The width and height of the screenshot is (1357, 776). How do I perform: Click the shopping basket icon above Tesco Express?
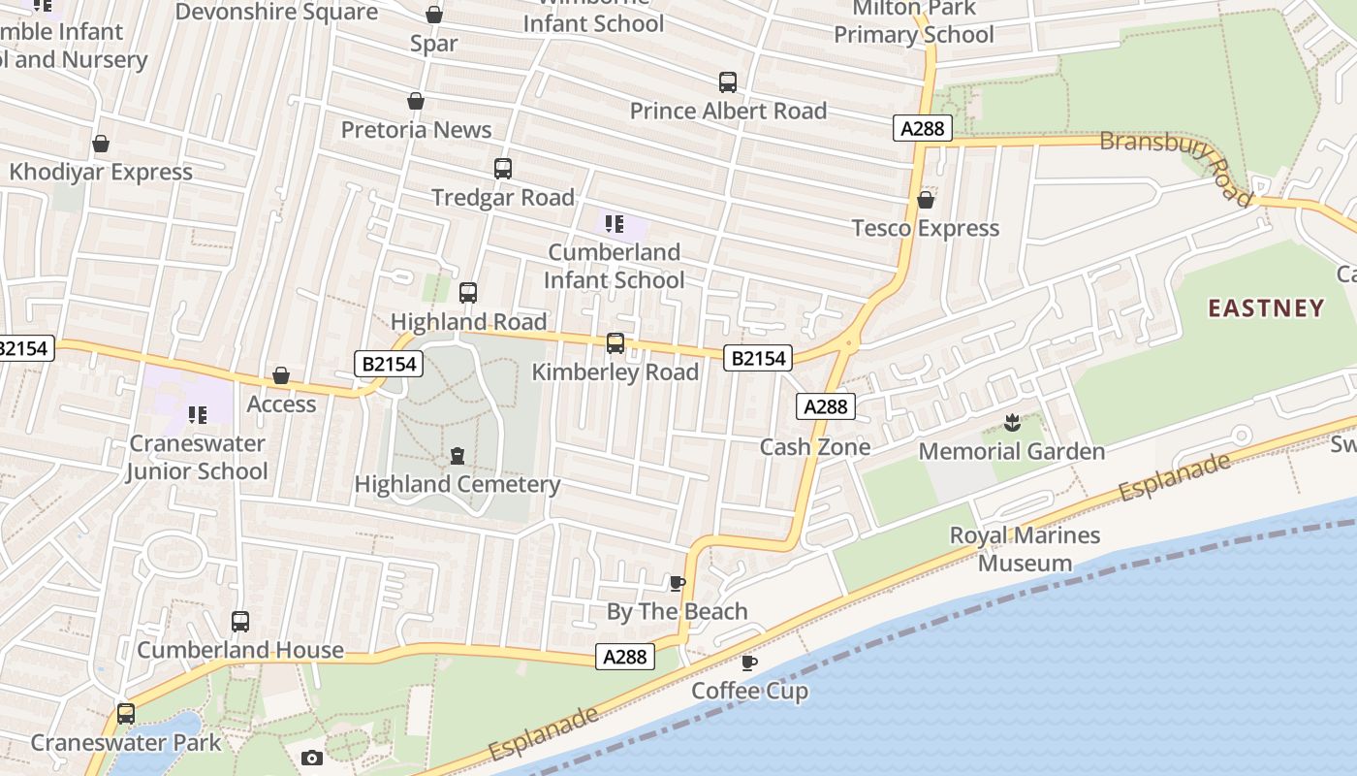(x=926, y=200)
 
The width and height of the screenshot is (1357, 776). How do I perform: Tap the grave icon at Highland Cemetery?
(x=458, y=455)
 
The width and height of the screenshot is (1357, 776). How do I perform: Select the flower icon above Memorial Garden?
(x=1012, y=422)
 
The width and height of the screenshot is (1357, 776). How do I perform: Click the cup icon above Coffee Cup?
(x=749, y=663)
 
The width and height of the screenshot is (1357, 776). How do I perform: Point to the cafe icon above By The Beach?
(x=678, y=583)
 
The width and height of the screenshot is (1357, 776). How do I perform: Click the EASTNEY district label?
(x=1266, y=308)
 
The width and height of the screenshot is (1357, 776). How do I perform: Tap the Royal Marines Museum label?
(x=1025, y=549)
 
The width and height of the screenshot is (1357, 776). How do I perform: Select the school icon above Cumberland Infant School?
(x=614, y=225)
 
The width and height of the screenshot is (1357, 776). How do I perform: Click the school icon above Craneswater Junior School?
(x=198, y=415)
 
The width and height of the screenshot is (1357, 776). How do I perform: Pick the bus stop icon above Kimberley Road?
(x=615, y=342)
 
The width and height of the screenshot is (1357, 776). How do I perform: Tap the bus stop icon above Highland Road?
(x=468, y=292)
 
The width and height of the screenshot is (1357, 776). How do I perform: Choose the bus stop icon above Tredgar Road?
(x=503, y=168)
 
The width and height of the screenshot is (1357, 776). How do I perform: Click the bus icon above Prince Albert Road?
(x=728, y=82)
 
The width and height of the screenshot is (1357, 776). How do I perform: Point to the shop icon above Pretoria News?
(x=416, y=101)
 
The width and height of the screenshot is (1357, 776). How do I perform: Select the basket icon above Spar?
(x=434, y=15)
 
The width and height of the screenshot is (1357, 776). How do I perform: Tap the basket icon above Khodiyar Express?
(x=101, y=144)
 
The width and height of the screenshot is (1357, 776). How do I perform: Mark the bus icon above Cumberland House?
(x=240, y=622)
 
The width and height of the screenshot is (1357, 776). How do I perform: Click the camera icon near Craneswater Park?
(x=312, y=758)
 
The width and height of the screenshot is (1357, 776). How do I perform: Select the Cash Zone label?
(x=815, y=447)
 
